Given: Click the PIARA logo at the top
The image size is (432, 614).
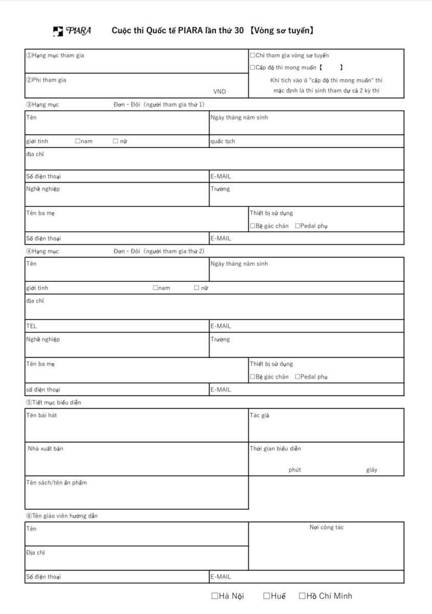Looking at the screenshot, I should [x=72, y=31].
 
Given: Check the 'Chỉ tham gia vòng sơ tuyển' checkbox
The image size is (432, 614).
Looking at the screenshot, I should [x=252, y=56].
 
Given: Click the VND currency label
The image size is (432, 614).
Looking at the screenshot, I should [x=219, y=92].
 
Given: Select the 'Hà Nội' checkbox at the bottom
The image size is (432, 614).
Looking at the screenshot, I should [x=215, y=596].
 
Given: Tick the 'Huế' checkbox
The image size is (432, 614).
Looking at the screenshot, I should [x=267, y=596].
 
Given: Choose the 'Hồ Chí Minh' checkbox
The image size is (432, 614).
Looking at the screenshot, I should [x=302, y=596].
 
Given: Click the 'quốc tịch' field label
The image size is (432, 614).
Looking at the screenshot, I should [x=223, y=142].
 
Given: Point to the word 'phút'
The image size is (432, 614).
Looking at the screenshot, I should [x=294, y=470].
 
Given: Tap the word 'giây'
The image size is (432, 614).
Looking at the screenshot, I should [x=372, y=470].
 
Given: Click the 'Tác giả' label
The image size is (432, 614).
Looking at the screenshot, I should [x=259, y=415].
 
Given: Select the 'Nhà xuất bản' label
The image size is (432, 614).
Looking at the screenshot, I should [x=46, y=449].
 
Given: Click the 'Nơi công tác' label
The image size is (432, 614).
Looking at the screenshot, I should [x=326, y=528].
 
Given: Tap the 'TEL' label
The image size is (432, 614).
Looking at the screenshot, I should [x=32, y=326].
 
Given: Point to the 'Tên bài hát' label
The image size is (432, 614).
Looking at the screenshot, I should [x=41, y=415].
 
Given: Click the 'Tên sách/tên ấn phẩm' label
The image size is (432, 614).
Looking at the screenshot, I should [x=56, y=483].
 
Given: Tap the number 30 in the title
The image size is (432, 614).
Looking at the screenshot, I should [x=239, y=31].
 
